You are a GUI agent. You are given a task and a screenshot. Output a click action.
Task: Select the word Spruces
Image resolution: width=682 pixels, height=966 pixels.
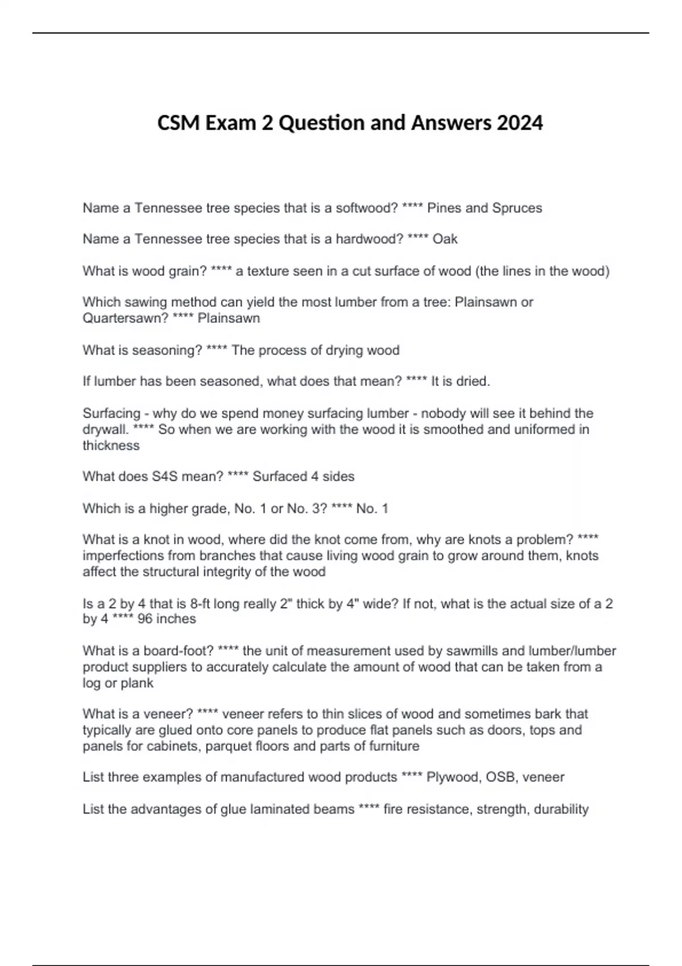517,208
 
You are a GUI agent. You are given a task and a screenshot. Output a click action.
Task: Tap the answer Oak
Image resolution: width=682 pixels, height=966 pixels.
445,239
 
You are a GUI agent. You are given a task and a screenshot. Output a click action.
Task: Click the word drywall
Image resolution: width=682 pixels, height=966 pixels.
105,430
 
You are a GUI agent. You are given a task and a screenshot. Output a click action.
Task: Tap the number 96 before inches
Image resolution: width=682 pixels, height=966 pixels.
145,619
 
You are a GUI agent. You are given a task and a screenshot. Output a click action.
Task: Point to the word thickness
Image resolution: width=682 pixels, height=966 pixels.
111,445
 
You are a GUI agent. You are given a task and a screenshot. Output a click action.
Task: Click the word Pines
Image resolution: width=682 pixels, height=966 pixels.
444,208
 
